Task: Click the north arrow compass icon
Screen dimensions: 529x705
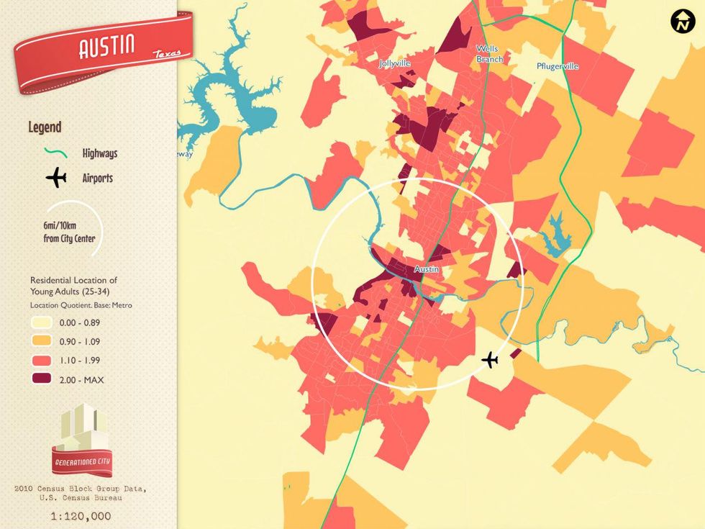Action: point(681,22)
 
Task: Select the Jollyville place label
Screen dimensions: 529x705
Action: point(395,63)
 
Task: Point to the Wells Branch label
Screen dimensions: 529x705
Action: point(488,54)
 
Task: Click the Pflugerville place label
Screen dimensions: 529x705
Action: point(558,66)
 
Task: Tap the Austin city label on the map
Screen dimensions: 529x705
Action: point(427,269)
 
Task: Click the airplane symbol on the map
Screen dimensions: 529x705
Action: point(491,359)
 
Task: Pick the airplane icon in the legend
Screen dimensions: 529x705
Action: point(55,177)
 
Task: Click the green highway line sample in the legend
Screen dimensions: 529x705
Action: point(55,153)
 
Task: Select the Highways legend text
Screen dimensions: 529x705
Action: point(99,153)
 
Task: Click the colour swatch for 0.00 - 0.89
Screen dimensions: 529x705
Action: point(40,323)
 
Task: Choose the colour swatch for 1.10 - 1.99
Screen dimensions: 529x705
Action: point(40,361)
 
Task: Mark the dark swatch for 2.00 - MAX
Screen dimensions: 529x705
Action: point(40,379)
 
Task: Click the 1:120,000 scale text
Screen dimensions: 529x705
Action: point(81,516)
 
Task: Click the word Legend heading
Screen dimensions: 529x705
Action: point(45,127)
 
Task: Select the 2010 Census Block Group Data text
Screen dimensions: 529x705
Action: point(81,489)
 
